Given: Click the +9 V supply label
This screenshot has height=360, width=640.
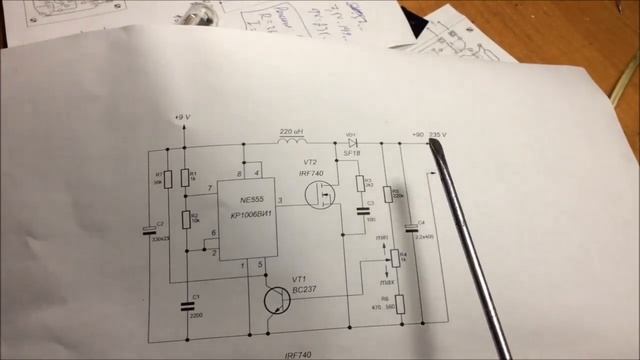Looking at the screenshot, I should (180, 117).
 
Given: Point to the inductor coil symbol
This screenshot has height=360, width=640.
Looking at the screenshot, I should (289, 142).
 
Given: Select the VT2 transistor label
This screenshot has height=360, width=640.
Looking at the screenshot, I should (310, 161).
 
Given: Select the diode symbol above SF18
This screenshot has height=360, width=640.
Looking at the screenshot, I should (352, 143).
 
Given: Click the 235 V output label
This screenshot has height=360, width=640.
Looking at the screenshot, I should (437, 134).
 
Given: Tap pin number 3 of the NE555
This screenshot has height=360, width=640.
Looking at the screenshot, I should (279, 201).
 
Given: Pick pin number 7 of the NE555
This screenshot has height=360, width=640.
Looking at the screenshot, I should (209, 188).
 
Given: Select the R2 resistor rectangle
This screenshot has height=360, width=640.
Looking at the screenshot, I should (184, 219).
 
